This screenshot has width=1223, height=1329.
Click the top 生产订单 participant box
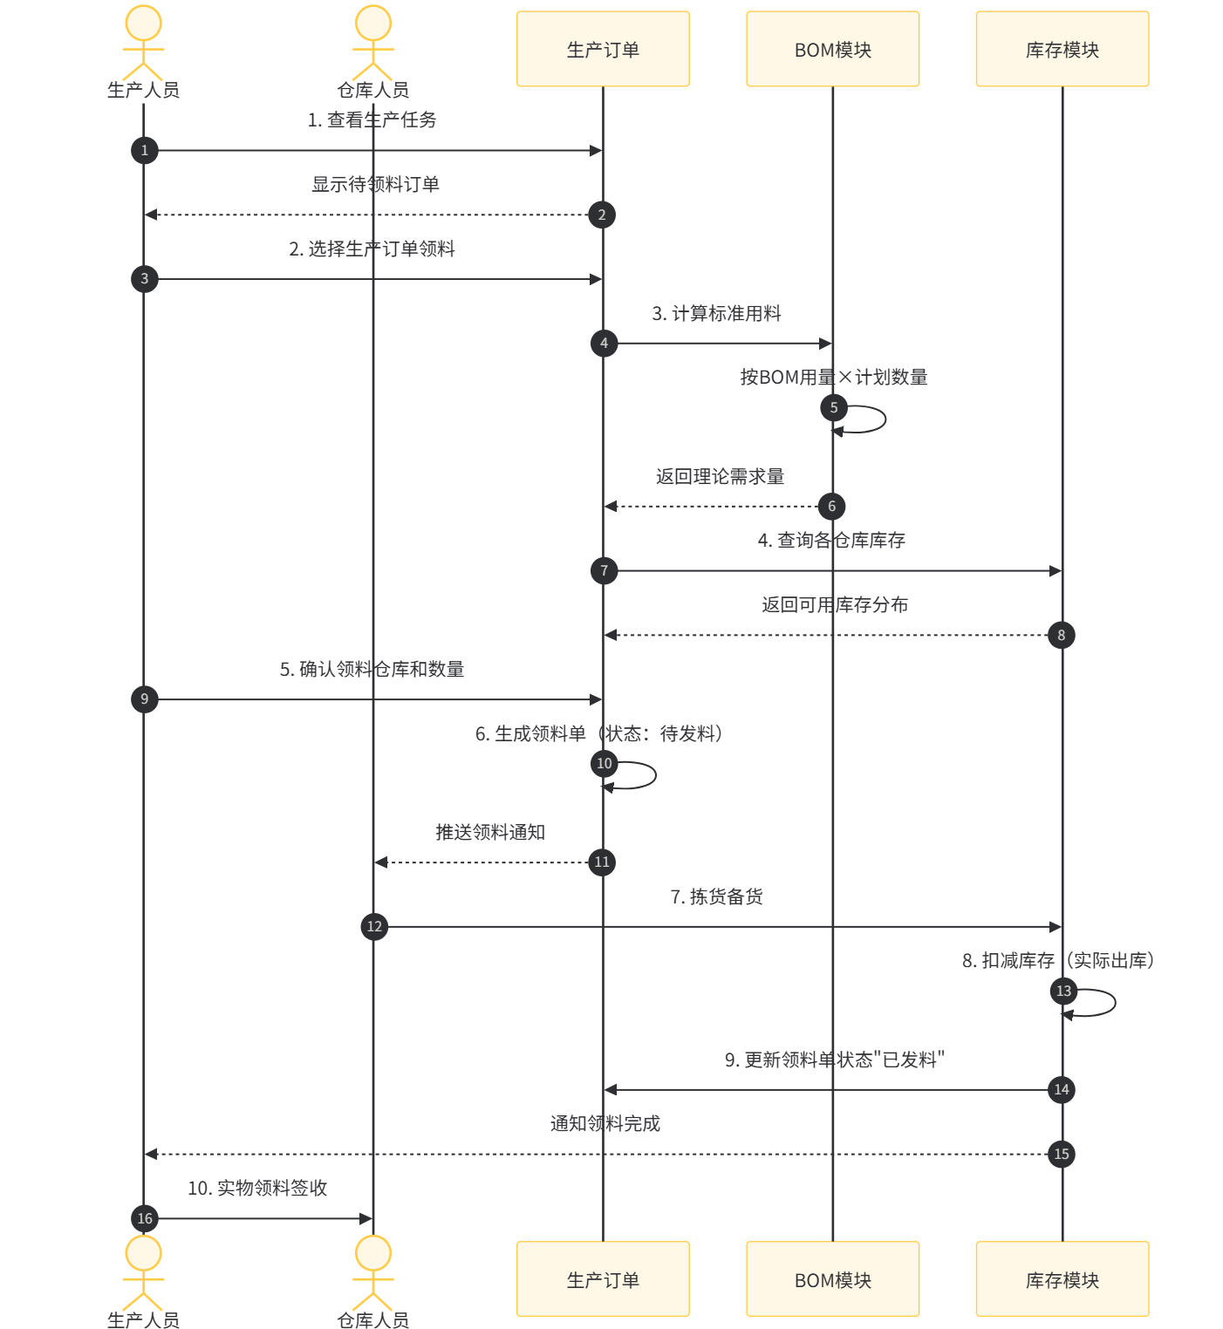[603, 49]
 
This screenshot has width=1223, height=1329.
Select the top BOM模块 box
[832, 49]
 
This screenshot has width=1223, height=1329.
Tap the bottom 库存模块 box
[1062, 1278]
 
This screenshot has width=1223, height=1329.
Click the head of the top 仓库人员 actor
[373, 24]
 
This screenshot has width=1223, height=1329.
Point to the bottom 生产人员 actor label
[143, 1319]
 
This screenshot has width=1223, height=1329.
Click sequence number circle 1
[145, 150]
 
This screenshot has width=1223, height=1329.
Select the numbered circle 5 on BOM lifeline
[834, 407]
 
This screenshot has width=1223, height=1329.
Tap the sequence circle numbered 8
[1062, 636]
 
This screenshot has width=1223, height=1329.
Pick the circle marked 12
[374, 926]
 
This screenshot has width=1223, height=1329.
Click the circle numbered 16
[145, 1218]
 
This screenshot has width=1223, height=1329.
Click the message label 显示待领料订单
[375, 184]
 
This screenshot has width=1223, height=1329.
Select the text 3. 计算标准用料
[716, 313]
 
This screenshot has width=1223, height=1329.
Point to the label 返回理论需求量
[720, 476]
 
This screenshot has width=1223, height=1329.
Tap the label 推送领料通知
[490, 832]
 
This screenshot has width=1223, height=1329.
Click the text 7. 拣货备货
[716, 896]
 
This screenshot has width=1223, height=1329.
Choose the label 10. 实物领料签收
[257, 1188]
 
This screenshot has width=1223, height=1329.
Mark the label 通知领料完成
[605, 1123]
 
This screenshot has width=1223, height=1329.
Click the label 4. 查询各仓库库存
[831, 540]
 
